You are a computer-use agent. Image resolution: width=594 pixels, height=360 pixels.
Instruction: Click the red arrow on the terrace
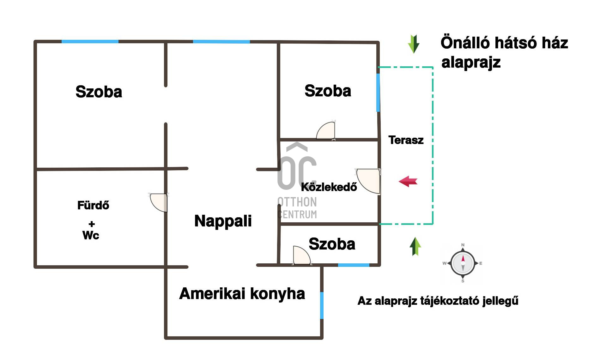pos(408,182)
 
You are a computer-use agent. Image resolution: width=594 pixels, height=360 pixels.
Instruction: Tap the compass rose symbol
pos(463,263)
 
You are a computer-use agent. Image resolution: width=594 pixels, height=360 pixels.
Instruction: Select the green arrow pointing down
pos(414,44)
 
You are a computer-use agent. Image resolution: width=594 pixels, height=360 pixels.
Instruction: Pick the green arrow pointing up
pos(415,246)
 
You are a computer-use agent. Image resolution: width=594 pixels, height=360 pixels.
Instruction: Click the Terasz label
pos(406,140)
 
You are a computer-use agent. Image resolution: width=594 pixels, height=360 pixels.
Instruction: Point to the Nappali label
pos(223,221)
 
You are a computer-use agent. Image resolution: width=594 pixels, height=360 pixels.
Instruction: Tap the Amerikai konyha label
pos(242,294)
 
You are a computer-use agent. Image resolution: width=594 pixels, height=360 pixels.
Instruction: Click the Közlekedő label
pos(329,187)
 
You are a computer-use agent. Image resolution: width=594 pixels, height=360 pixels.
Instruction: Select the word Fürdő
pos(93,205)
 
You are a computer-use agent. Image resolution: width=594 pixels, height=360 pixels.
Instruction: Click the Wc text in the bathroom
pos(91,235)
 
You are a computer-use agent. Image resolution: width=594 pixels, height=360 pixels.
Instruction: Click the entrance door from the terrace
pos(368,181)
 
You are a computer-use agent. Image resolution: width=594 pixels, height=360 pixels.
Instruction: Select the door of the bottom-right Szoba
pos(302,255)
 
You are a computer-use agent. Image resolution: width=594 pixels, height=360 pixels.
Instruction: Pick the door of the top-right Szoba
pos(326,130)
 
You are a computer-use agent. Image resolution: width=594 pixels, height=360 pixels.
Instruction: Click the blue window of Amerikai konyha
pos(322,305)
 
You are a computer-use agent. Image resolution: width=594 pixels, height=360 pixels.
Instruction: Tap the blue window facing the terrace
pos(378,93)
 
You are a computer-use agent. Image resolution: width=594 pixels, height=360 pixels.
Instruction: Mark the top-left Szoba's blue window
pos(90,41)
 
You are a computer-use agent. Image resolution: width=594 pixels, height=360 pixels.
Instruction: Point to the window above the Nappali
pos(221,41)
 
